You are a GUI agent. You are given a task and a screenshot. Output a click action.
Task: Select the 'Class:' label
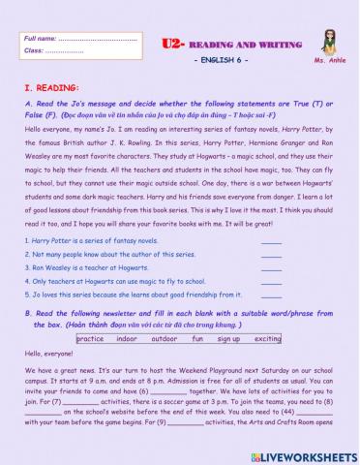coord(35,49)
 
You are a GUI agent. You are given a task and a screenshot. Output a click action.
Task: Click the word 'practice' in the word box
coord(90,339)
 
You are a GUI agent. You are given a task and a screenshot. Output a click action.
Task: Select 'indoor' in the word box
coord(127,339)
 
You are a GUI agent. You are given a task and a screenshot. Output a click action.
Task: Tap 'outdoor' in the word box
coord(165,339)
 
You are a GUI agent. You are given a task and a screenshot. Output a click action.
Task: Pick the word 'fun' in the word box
coord(197,339)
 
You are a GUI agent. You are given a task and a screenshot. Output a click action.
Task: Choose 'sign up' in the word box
coord(228,339)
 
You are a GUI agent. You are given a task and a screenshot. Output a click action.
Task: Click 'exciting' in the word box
coord(268,339)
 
